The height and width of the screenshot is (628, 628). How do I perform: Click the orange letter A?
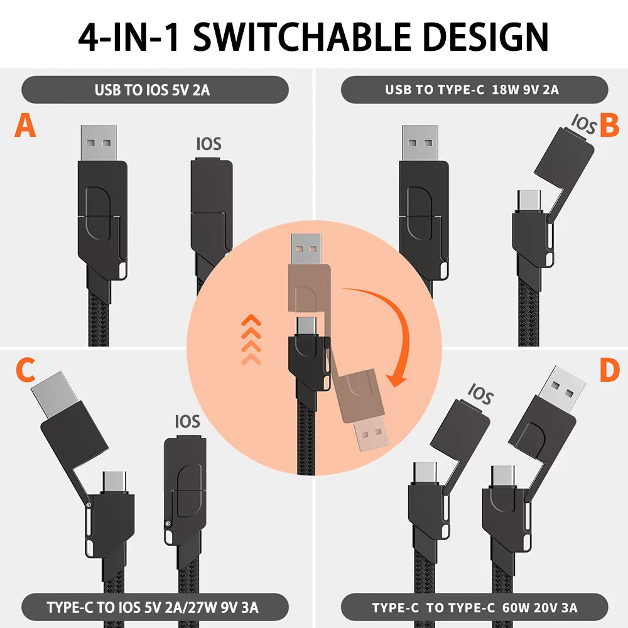point(25,126)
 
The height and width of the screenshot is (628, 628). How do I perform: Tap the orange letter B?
point(609,124)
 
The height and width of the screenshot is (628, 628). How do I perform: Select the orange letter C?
point(25,371)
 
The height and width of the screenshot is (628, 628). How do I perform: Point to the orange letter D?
point(609,371)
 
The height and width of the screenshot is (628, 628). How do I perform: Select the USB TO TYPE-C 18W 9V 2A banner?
point(474,90)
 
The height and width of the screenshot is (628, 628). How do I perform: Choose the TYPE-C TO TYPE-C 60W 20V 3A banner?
point(474,607)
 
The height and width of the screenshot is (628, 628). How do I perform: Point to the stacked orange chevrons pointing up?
point(251,338)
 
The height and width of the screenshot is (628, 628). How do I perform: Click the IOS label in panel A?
point(208,144)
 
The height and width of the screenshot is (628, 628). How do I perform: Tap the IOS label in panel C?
point(187,421)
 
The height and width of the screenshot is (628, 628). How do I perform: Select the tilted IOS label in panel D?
point(480,395)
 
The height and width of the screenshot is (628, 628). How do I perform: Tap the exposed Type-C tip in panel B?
point(528,200)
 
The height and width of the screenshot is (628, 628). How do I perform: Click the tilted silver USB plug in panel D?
point(563,386)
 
